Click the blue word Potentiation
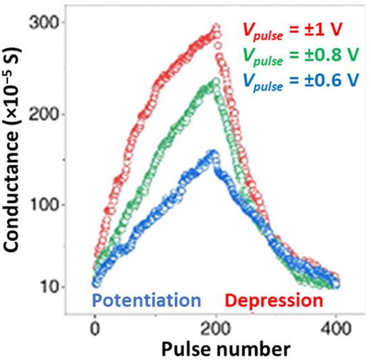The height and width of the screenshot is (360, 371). [146, 300]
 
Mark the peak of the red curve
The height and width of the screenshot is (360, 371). [217, 27]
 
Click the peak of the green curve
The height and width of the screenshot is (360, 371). [216, 82]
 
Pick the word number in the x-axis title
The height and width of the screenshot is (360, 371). [246, 349]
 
